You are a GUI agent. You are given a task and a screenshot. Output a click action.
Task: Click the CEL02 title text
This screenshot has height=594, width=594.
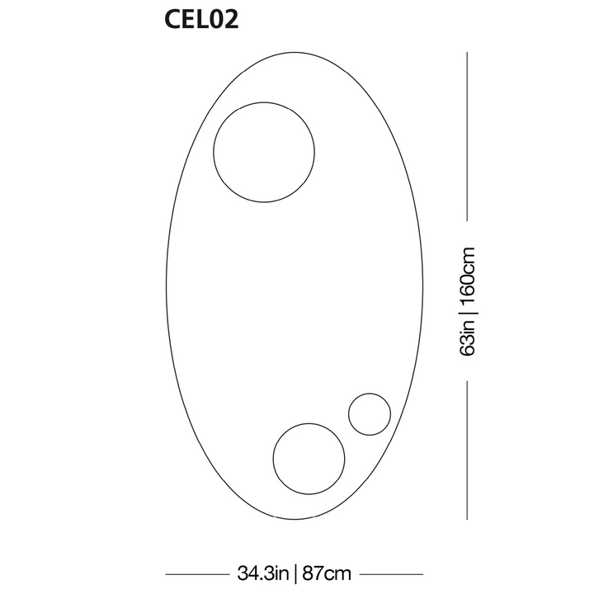coord(201,19)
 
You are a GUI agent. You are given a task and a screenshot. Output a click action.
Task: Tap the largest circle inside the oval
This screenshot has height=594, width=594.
coord(214,153)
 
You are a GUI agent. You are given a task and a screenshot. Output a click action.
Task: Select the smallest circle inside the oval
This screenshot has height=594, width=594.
coord(349,414)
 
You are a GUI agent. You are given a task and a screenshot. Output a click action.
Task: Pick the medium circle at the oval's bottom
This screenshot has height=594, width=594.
coord(273,459)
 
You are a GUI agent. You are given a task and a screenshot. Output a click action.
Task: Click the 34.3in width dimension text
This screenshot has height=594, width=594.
coord(263,573)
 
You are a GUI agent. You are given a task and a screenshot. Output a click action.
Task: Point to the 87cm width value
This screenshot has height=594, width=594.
coord(327,573)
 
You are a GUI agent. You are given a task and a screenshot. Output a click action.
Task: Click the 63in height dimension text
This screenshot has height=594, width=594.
coord(467,337)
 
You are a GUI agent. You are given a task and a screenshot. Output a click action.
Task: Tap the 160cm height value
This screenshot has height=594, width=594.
coord(467,275)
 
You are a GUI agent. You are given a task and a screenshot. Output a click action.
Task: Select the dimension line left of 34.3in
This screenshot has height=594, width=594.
coord(197,574)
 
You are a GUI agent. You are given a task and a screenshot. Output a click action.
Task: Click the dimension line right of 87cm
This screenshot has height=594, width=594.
coord(391,574)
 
